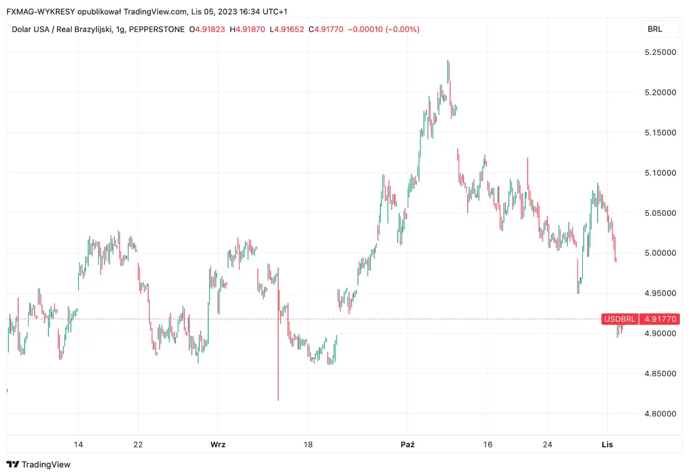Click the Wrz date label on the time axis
click(218, 444)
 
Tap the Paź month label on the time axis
click(407, 444)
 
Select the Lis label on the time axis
click(607, 444)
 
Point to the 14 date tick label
click(79, 444)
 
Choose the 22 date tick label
click(138, 444)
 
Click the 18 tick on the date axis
click(308, 444)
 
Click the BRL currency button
click(655, 29)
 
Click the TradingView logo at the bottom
click(38, 464)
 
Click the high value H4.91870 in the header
click(247, 29)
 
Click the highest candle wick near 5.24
click(448, 61)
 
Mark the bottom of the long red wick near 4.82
click(278, 400)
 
